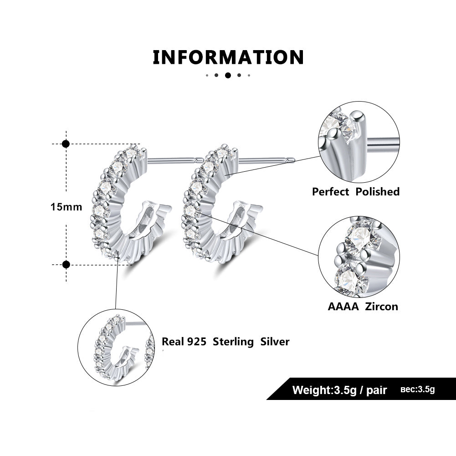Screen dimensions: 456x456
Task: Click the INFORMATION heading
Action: (228, 58)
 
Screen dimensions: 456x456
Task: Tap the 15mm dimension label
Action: (66, 207)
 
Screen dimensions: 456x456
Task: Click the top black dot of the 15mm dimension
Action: (66, 144)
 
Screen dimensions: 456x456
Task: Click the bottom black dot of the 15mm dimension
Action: (66, 264)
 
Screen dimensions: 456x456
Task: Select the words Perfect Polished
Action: (355, 192)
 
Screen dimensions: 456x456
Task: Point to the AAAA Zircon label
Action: (363, 307)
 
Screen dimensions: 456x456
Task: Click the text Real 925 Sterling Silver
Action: (225, 342)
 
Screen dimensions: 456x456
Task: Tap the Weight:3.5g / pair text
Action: (339, 390)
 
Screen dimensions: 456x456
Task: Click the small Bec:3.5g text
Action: (417, 389)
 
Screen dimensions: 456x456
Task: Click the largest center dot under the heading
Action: (228, 75)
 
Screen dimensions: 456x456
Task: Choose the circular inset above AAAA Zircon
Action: (359, 257)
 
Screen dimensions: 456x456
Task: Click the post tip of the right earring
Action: (292, 160)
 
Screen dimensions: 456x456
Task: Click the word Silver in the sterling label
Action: (275, 342)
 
